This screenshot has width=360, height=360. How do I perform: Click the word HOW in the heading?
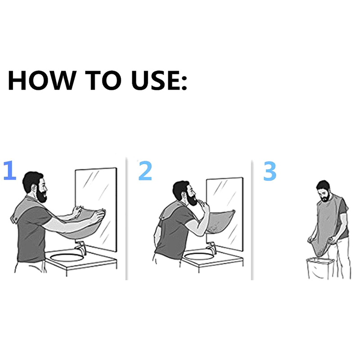tap(42, 80)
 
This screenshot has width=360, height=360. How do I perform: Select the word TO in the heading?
tap(103, 80)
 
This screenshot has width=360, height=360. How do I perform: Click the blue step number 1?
tap(10, 170)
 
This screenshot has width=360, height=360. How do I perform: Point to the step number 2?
tap(145, 171)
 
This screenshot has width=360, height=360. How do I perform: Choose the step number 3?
tap(270, 171)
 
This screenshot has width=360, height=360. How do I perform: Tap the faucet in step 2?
tap(211, 247)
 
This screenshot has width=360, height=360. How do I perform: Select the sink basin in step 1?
tap(67, 257)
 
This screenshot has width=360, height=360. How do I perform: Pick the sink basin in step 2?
tap(199, 256)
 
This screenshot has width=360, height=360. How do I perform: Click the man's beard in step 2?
tap(192, 199)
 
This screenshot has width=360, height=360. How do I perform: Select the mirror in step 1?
tap(96, 209)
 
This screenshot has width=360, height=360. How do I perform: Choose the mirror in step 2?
tap(225, 214)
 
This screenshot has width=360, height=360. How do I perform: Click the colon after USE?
tap(184, 83)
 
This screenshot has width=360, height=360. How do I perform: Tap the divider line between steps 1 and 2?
tap(126, 219)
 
